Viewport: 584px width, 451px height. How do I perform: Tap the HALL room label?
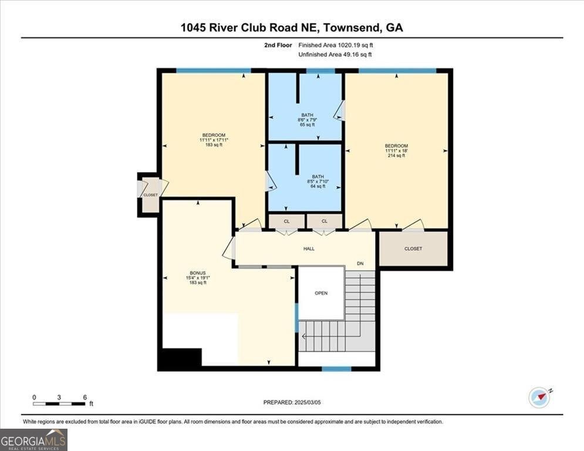click(309, 248)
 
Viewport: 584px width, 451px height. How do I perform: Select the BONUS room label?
click(198, 273)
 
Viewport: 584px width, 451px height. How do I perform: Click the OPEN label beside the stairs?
click(321, 293)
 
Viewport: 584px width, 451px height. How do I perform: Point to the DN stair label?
click(360, 264)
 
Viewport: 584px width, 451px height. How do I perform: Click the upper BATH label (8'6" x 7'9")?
click(308, 115)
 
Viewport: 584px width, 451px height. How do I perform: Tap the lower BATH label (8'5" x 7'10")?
click(318, 176)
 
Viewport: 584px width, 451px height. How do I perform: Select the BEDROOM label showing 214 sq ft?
click(396, 146)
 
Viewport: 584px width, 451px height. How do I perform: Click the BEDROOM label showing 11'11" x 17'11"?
click(214, 135)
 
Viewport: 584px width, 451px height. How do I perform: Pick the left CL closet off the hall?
click(287, 221)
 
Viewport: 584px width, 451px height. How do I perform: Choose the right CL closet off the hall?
click(325, 221)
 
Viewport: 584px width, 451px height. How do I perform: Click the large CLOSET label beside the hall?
click(413, 248)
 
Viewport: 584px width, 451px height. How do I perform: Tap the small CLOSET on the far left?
click(150, 195)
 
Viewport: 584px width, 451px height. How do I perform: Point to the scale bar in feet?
click(59, 403)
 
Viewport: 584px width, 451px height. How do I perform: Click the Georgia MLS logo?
click(33, 440)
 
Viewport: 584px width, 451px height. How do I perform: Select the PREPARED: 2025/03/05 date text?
click(292, 402)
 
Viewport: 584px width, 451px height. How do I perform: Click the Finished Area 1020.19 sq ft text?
click(336, 45)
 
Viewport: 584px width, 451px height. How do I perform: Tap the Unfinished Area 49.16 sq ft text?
click(335, 55)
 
